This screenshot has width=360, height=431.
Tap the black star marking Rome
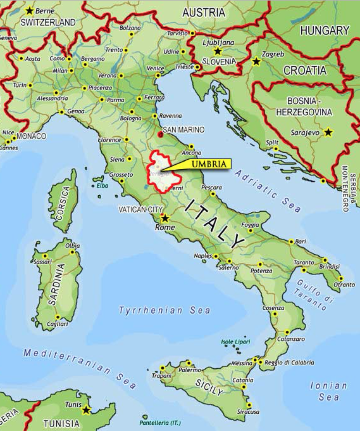click(165, 218)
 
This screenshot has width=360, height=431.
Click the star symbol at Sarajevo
click(328, 133)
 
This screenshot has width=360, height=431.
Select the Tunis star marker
click(86, 410)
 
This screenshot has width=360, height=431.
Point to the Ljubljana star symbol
click(217, 51)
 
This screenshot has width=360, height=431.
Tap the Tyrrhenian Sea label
click(164, 311)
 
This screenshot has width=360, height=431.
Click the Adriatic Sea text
click(268, 190)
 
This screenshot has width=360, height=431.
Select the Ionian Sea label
click(328, 391)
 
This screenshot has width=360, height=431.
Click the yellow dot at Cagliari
click(57, 317)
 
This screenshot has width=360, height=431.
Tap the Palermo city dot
click(189, 362)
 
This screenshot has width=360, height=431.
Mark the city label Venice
click(155, 69)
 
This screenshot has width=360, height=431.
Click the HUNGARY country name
click(325, 30)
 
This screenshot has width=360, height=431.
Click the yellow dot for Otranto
click(341, 278)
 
